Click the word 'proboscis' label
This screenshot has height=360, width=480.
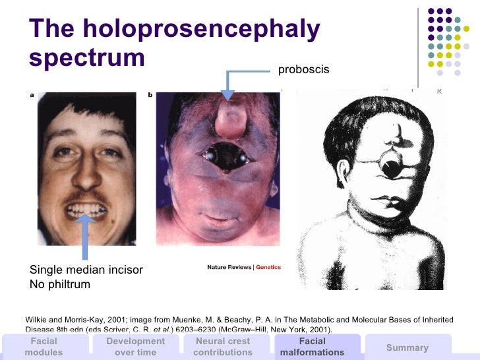303,69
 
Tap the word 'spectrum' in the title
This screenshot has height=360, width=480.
87,57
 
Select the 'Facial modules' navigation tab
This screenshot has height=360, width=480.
44,346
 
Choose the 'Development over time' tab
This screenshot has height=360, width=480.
135,346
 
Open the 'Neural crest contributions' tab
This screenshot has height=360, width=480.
223,346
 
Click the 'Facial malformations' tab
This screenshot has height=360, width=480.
312,346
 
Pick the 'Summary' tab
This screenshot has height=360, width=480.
407,347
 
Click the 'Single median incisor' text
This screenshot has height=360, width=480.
86,270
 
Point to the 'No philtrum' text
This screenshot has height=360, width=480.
60,285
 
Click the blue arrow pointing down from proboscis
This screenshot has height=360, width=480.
228,86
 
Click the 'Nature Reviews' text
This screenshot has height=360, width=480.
229,268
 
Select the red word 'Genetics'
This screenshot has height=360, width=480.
268,268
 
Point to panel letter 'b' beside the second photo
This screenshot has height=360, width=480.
150,95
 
